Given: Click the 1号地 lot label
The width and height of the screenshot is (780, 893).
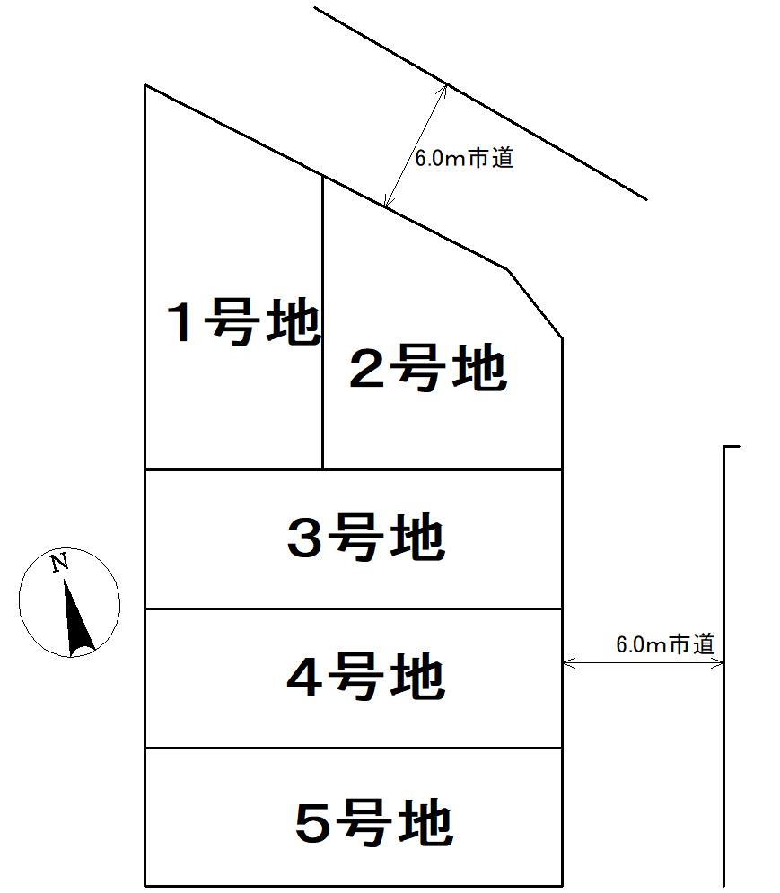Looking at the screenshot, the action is [x=245, y=324].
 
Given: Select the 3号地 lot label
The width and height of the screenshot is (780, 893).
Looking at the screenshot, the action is [x=365, y=539].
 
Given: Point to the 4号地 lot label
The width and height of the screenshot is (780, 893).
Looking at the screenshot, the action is [x=365, y=678].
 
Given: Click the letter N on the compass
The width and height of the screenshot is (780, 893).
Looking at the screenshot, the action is [x=59, y=564].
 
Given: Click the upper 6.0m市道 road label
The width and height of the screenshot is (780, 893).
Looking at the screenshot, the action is [x=464, y=160].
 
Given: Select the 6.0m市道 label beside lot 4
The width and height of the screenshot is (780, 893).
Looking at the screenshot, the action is [x=665, y=643].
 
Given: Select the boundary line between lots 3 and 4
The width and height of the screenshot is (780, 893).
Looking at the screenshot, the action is [x=353, y=608].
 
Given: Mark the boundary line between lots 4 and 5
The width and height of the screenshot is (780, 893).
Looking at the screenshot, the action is [x=353, y=748].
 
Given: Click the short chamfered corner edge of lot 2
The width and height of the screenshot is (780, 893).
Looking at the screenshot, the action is [x=536, y=303].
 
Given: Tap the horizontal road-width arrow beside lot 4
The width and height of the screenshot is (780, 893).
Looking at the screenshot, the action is [x=643, y=663].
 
